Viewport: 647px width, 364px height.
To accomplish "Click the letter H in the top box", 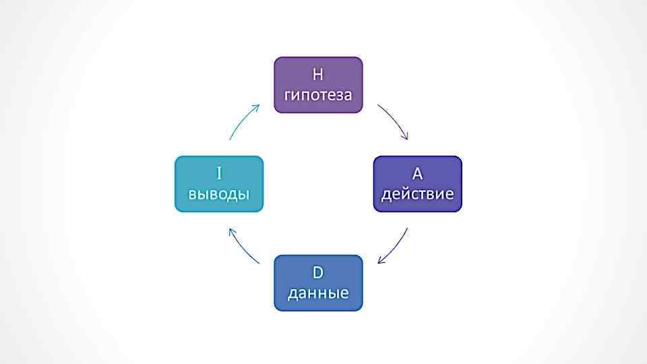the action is (x=318, y=74).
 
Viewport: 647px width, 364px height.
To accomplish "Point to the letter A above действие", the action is (x=417, y=174).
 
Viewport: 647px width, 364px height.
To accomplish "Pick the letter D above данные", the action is (x=318, y=273).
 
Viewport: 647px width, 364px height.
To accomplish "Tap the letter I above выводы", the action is (x=219, y=174).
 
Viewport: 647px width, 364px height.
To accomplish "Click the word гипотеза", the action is (x=318, y=94).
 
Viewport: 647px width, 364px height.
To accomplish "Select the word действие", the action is (x=417, y=194).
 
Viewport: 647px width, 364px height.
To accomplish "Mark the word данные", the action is (x=318, y=293).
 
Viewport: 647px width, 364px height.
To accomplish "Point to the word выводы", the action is (x=219, y=194).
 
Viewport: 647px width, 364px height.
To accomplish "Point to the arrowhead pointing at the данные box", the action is (x=381, y=261).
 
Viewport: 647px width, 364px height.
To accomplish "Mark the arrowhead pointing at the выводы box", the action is (x=231, y=231).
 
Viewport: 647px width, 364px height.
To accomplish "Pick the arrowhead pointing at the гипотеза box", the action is (x=257, y=107).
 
